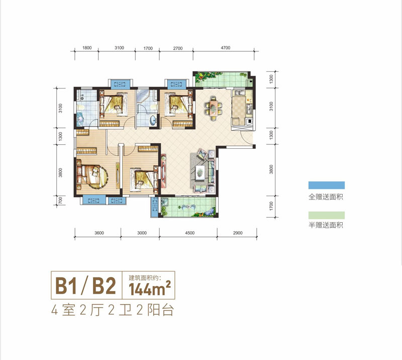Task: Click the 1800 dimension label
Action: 86,48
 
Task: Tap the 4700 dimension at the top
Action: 225,48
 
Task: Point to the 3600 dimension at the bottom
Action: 98,233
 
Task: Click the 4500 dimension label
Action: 188,233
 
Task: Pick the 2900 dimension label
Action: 237,233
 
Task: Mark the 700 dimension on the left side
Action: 60,200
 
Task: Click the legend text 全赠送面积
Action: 326,197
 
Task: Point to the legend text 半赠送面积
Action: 326,226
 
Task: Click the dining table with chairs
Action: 212,108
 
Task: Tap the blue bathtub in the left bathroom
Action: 81,119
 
